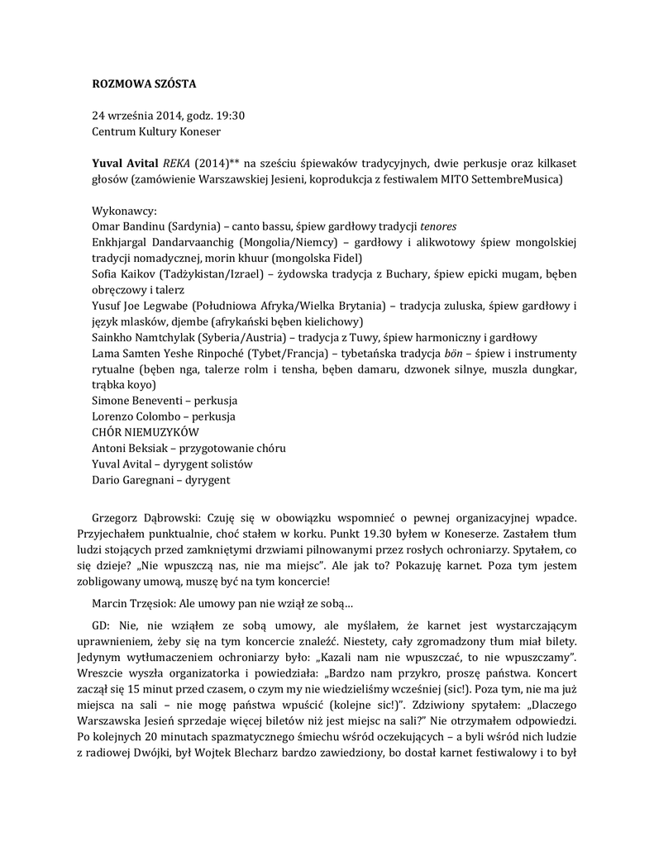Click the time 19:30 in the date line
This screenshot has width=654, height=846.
[x=229, y=115]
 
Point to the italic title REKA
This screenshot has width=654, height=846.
[x=178, y=163]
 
